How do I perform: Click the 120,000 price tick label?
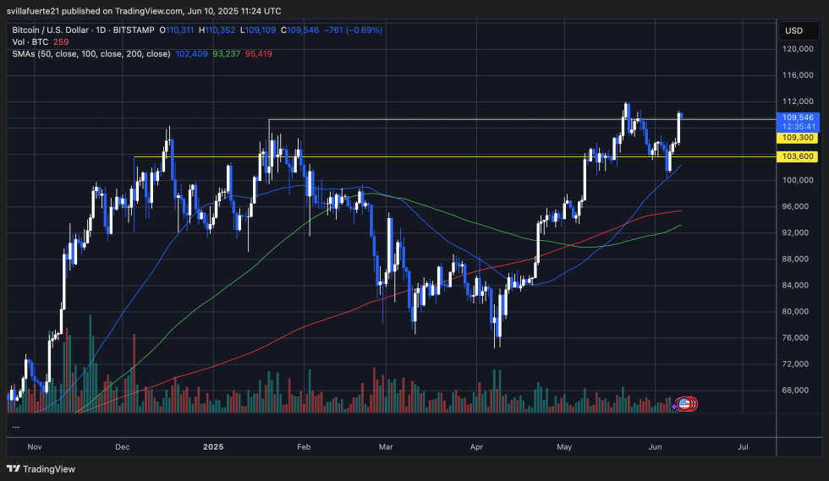point(799,49)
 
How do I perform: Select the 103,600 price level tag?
point(799,156)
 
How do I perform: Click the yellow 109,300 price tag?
point(799,137)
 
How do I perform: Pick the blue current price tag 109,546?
point(799,118)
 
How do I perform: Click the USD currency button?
point(793,30)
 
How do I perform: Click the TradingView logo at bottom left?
point(42,469)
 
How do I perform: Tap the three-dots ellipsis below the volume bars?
point(16,426)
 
